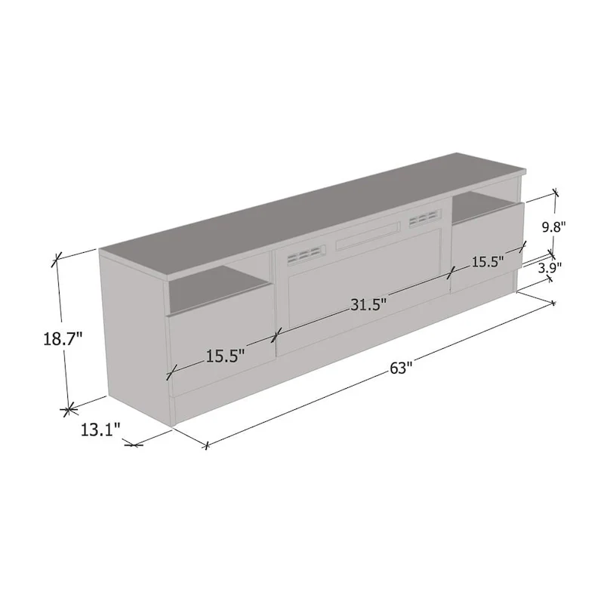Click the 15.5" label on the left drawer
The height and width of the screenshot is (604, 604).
226,356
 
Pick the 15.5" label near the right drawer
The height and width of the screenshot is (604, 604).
488,262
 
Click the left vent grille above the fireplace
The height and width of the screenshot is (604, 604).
301,255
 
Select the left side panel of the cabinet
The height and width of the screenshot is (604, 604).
136,332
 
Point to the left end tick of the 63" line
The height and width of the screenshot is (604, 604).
205,445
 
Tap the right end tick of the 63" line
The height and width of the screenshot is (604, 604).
553,304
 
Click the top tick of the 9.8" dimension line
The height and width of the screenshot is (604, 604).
556,193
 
